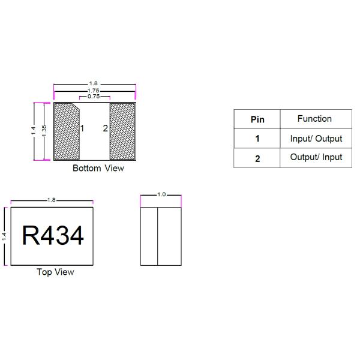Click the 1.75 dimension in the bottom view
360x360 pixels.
click(94, 90)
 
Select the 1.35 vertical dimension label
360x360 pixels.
click(44, 131)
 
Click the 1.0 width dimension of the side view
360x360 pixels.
click(161, 195)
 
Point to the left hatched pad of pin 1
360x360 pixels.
click(67, 131)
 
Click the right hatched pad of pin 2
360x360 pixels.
click(122, 131)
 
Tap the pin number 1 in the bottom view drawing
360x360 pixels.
click(82, 128)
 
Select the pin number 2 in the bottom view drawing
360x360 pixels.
click(105, 128)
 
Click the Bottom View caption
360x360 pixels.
click(98, 168)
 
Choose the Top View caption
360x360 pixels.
click(55, 272)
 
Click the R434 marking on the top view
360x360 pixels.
click(53, 236)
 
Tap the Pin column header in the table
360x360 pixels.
click(257, 119)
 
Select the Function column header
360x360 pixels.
click(314, 119)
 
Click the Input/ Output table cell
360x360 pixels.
click(316, 139)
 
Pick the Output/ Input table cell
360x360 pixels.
click(316, 157)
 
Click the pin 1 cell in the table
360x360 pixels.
click(257, 139)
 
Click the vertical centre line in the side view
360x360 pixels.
click(157, 236)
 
